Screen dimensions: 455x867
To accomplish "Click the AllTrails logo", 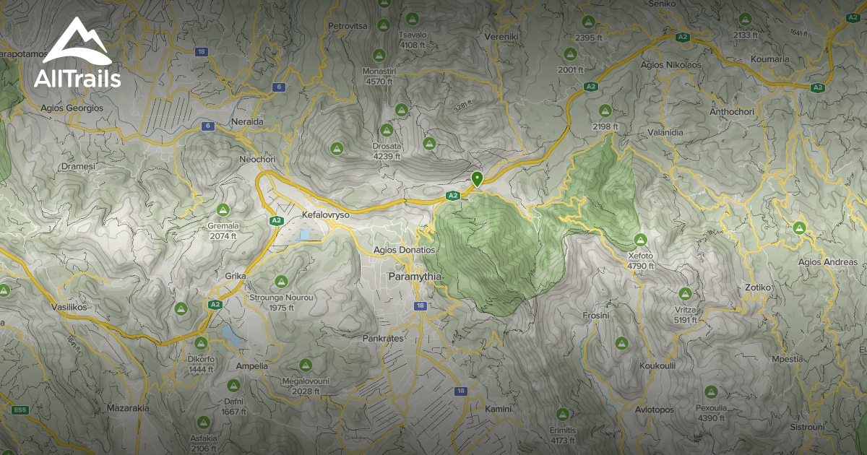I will [77, 53].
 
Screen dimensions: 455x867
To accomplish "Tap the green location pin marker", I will [476, 178].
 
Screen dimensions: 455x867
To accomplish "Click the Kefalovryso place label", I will [325, 216].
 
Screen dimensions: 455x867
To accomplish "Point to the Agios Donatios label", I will [405, 250].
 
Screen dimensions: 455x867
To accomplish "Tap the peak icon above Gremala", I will [223, 210].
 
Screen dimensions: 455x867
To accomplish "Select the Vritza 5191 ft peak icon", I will [685, 293].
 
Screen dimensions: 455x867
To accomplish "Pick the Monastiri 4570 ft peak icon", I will [379, 55].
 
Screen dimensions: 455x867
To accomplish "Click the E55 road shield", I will [20, 410].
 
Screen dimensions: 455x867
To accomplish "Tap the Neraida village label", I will [247, 122].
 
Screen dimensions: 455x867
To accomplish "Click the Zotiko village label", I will [758, 287].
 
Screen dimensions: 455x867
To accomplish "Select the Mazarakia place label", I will [128, 408].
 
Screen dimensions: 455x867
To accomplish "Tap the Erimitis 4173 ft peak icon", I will [563, 415].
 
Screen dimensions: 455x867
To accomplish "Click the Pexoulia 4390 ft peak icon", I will [711, 392].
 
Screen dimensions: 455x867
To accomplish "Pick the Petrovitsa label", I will [348, 26].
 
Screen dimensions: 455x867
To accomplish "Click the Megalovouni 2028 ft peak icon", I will [306, 365].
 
